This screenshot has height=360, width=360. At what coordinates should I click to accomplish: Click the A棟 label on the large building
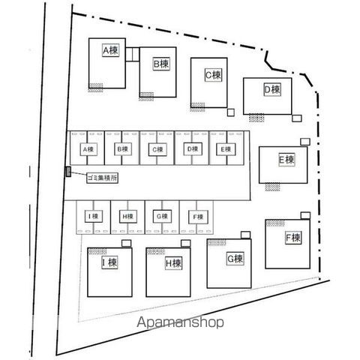click(x=110, y=50)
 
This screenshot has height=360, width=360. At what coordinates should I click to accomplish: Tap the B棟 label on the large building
click(x=161, y=64)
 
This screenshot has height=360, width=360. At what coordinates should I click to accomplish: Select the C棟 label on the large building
click(x=213, y=75)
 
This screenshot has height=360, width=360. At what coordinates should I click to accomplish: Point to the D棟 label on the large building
click(x=272, y=89)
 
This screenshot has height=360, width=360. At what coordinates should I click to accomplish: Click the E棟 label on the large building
click(x=286, y=160)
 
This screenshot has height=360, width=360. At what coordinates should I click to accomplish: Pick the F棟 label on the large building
click(x=293, y=238)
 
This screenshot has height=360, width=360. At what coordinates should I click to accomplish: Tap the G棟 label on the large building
click(x=235, y=259)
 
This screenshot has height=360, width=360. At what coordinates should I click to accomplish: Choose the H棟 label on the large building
click(x=173, y=263)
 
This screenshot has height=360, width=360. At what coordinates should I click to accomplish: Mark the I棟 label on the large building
click(x=109, y=262)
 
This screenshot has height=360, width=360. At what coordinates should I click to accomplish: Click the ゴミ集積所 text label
click(x=102, y=178)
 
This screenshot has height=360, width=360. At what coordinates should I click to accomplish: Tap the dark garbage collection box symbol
click(x=68, y=172)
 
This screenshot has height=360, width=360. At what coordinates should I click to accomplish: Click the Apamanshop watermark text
click(x=180, y=322)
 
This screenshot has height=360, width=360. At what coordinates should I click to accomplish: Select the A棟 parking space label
click(x=88, y=149)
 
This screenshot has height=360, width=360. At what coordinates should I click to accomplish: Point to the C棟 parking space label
click(x=157, y=149)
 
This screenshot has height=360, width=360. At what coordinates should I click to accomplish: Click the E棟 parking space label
click(x=226, y=149)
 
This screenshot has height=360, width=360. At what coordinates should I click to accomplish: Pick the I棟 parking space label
click(x=93, y=216)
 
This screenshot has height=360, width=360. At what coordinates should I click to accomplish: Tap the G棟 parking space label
click(x=162, y=216)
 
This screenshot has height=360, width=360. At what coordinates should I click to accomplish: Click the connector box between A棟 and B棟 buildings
click(x=133, y=54)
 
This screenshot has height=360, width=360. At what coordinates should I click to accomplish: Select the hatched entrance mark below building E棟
click(x=272, y=187)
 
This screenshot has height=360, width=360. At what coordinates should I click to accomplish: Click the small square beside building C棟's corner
click(x=231, y=112)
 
